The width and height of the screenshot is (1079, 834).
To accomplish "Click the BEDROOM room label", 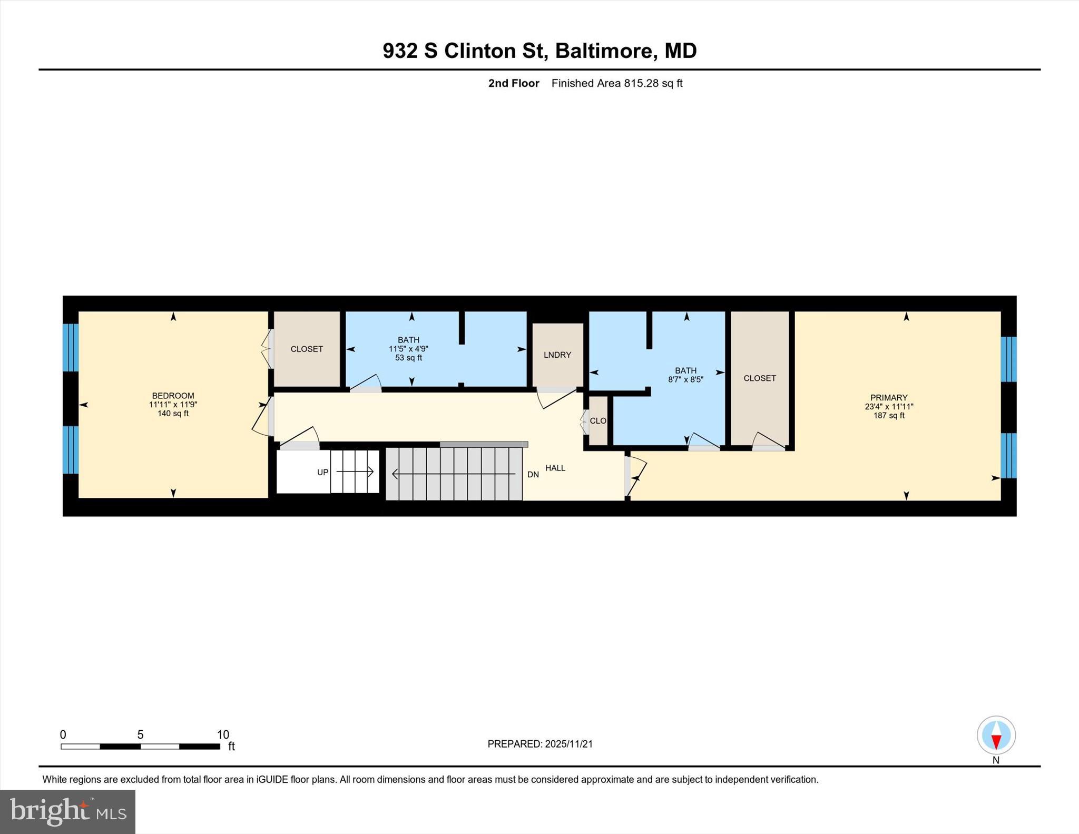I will pos(173,396).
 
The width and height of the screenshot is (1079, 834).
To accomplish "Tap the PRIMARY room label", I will pos(888,398).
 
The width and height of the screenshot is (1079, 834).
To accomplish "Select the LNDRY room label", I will pos(557,355).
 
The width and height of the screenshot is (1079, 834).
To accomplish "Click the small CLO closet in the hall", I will pos(597,421).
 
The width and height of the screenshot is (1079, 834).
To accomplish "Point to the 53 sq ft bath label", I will pos(408,358).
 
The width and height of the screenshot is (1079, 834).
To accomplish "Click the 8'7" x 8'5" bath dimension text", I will pos(685,379).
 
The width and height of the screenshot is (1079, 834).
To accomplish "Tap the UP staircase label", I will pos(322,473).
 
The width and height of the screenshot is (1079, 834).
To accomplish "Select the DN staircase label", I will pos(533,475).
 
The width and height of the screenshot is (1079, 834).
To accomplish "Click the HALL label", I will pos(555,468).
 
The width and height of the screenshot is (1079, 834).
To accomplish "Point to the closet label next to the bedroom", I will pos(307,349).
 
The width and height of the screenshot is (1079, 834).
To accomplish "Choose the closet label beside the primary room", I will pos(759,378).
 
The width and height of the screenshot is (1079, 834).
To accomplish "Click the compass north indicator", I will pos(996,735).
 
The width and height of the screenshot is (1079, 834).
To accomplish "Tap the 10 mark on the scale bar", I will pos(223,734).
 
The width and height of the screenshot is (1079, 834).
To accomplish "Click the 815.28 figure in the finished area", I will pos(641,83).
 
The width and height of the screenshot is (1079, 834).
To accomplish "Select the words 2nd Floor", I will pos(513,83).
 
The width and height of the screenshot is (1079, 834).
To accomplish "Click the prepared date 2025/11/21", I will pos(568,744).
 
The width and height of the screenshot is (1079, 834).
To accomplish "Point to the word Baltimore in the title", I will pos(604,51).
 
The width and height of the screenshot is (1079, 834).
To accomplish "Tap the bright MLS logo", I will pos(67,811).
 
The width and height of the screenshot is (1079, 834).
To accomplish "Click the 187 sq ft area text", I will pos(888,416).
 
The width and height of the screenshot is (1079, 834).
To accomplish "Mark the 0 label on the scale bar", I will pos(63,734).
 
